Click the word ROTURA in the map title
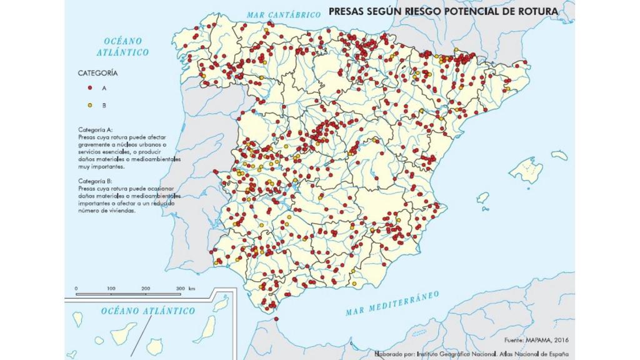(536, 11)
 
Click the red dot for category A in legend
(91, 88)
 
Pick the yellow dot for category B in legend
(91, 104)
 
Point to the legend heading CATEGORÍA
(97, 73)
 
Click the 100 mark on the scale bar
(111, 288)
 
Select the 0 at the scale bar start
(76, 288)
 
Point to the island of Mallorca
(524, 169)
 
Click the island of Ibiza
(482, 198)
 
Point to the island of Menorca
(559, 154)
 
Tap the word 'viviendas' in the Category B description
(121, 211)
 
